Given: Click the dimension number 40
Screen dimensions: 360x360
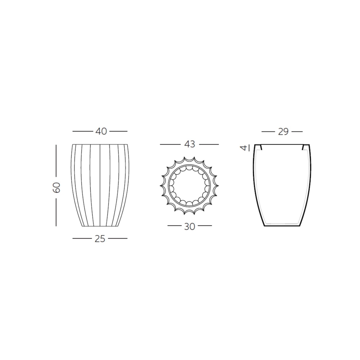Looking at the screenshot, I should (101, 132).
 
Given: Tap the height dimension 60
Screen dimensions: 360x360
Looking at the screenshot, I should (57, 187).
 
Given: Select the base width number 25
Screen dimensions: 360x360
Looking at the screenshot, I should (100, 239).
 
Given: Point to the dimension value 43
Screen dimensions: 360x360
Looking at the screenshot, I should (189, 144).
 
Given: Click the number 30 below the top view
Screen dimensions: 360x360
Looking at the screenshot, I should (189, 226).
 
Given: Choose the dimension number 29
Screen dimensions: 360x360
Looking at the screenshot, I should (283, 132).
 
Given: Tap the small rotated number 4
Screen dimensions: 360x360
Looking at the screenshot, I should (244, 148).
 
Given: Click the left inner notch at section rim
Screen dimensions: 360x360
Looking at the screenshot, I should (261, 147).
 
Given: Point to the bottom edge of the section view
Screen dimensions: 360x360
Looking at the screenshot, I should (282, 226).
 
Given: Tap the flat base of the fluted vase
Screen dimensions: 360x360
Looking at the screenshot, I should (100, 226).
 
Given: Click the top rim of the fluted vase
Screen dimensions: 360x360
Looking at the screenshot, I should (100, 145).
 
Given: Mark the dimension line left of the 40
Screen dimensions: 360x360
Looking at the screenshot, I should (83, 132).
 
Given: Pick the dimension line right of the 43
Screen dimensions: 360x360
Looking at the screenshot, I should (209, 144).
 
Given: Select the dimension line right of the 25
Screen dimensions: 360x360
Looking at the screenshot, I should (118, 238).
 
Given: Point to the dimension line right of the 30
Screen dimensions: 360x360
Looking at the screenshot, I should (205, 226).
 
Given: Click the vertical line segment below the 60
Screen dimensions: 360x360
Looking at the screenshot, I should (56, 212).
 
